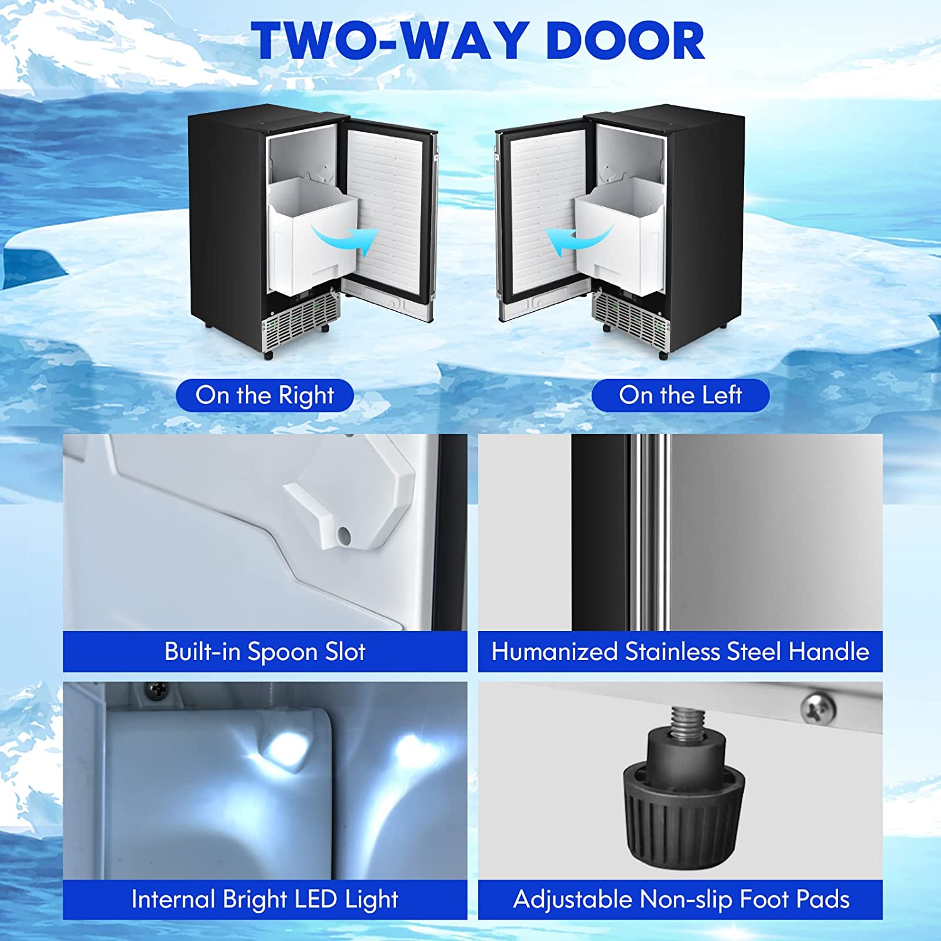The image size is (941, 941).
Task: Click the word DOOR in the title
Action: (x=625, y=41)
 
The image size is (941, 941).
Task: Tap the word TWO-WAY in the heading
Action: (x=393, y=41)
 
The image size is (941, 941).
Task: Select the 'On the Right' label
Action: (x=265, y=396)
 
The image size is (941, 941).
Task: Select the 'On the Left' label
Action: (x=681, y=396)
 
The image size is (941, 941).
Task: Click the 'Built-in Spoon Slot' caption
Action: (x=265, y=652)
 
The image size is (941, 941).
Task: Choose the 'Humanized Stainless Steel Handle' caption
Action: (x=681, y=652)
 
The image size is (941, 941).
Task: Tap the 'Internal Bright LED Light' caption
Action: (x=265, y=900)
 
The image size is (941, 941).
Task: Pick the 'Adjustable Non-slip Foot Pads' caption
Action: (x=681, y=900)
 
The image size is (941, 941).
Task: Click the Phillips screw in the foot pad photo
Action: (x=818, y=708)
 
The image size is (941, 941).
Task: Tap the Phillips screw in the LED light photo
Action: (x=155, y=691)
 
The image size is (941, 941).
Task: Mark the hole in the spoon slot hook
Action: (x=344, y=535)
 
